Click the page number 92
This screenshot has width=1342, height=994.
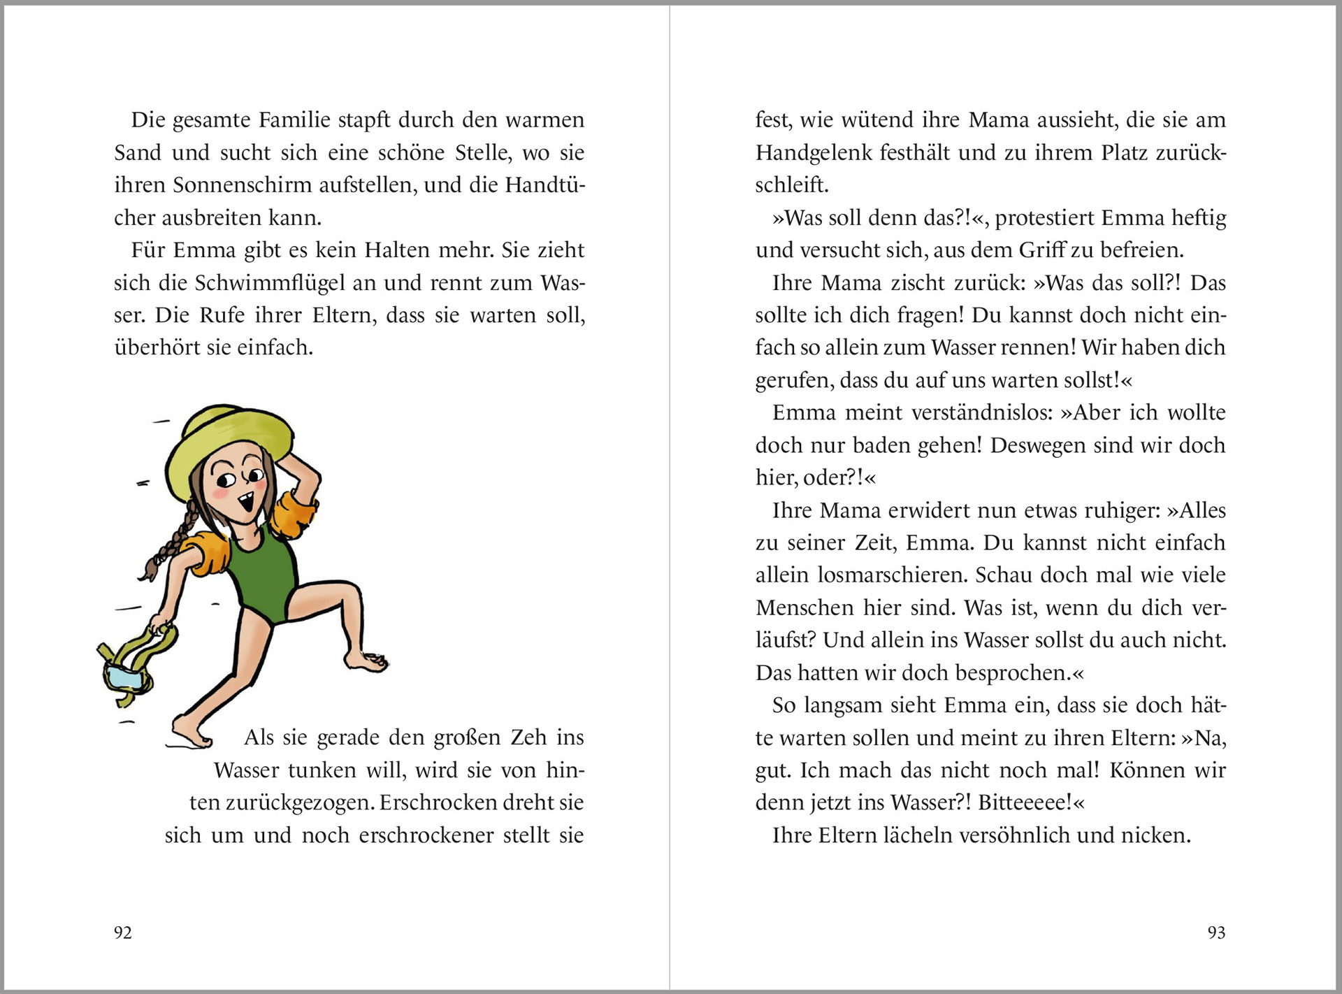[x=123, y=932]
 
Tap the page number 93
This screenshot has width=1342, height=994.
[x=1216, y=932]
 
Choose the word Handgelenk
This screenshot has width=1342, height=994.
[x=813, y=153]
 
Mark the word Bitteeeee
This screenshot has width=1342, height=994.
[x=1024, y=802]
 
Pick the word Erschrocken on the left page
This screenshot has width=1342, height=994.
[x=430, y=802]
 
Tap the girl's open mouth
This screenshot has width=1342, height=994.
[x=245, y=502]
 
